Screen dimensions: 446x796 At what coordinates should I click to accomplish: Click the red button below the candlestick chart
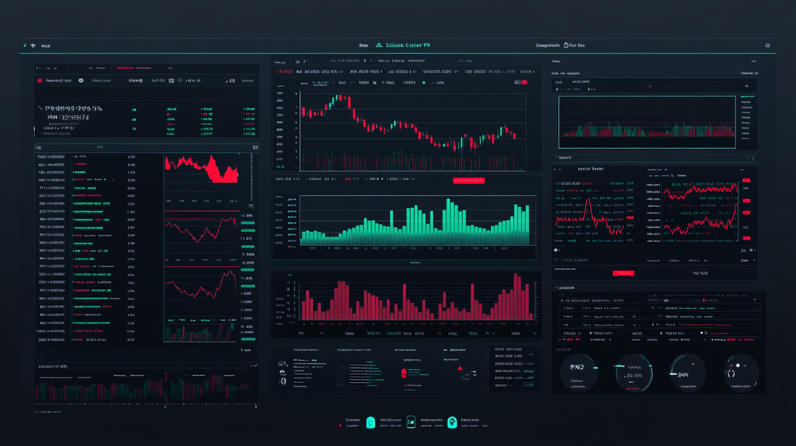pyautogui.click(x=469, y=181)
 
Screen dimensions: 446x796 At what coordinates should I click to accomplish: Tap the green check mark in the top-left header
pyautogui.click(x=25, y=45)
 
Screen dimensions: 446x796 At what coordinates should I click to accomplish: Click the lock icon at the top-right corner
pyautogui.click(x=767, y=45)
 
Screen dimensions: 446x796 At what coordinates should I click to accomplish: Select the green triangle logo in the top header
pyautogui.click(x=378, y=45)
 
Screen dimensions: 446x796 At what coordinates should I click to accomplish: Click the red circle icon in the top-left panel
pyautogui.click(x=38, y=80)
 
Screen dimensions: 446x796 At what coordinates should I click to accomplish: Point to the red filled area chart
pyautogui.click(x=201, y=168)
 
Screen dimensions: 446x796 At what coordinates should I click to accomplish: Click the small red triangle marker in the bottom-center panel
pyautogui.click(x=458, y=369)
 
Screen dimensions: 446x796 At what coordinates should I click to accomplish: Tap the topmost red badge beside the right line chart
pyautogui.click(x=747, y=181)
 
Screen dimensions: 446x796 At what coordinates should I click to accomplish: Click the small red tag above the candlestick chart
pyautogui.click(x=522, y=81)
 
